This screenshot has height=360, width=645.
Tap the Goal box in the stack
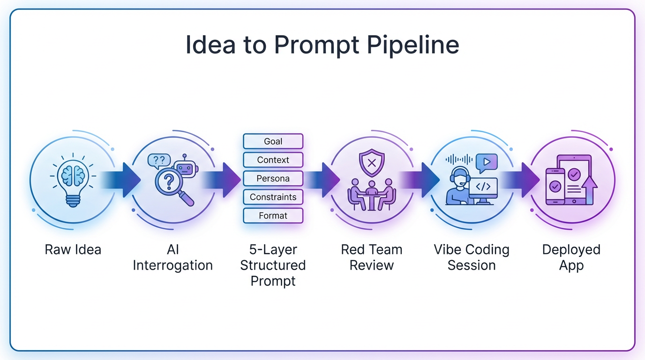[273, 141]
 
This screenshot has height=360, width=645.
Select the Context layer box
[273, 160]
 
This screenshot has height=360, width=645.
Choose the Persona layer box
[273, 179]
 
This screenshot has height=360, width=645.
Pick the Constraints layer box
[273, 197]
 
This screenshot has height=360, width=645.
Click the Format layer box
[273, 216]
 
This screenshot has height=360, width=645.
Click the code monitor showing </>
[483, 187]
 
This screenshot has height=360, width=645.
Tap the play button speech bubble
[486, 162]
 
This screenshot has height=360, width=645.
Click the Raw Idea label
[73, 249]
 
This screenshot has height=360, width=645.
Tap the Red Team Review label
[371, 257]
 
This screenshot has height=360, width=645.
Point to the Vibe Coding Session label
[471, 257]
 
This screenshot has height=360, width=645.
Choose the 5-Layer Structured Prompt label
[273, 265]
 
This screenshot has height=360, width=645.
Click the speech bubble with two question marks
[159, 160]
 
